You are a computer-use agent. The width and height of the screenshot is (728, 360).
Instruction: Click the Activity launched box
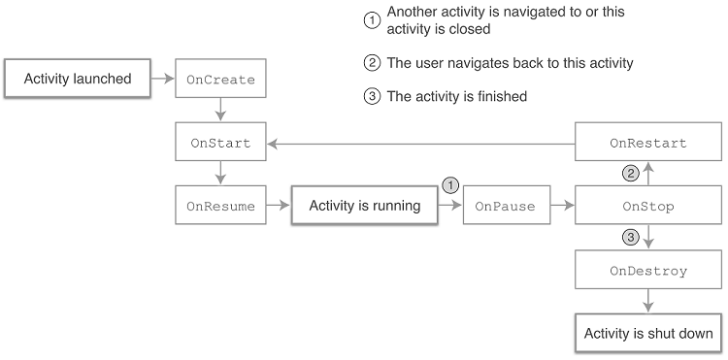77,79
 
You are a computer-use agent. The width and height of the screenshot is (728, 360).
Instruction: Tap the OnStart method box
220,143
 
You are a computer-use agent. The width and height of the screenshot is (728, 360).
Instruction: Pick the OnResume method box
220,206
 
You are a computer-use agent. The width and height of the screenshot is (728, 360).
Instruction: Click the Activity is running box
364,206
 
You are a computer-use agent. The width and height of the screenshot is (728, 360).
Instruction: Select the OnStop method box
647,206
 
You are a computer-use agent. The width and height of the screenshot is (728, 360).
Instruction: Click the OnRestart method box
647,143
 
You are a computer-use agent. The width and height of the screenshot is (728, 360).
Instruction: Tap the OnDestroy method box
647,271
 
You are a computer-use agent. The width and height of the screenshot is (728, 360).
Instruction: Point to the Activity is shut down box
647,333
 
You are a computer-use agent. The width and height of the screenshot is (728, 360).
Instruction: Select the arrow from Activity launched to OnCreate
162,79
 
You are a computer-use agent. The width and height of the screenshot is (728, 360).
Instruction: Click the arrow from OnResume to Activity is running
279,206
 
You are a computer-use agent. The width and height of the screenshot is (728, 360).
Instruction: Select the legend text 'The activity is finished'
456,96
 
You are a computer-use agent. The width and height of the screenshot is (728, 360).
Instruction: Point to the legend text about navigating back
510,63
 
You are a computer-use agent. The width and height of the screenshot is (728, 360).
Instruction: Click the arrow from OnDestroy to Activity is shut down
647,302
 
